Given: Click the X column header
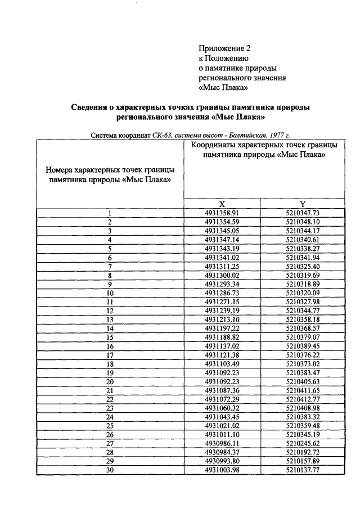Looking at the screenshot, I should pyautogui.click(x=222, y=204).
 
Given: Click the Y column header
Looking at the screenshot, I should pyautogui.click(x=303, y=204).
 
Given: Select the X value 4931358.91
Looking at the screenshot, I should pyautogui.click(x=222, y=213).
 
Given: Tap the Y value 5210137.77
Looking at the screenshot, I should pyautogui.click(x=303, y=470).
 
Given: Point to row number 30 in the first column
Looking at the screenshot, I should pyautogui.click(x=110, y=470).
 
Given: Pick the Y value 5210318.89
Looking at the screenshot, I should pyautogui.click(x=303, y=284).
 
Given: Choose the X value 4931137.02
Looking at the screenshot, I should pyautogui.click(x=222, y=346).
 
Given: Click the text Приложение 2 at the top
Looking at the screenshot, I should pyautogui.click(x=224, y=49).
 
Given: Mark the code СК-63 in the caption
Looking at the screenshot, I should pyautogui.click(x=161, y=135).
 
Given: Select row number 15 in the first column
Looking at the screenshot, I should pyautogui.click(x=110, y=337).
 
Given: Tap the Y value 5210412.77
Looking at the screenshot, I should pyautogui.click(x=303, y=399).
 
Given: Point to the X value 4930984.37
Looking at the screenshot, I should pyautogui.click(x=222, y=452).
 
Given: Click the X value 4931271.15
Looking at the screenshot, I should pyautogui.click(x=222, y=301).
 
